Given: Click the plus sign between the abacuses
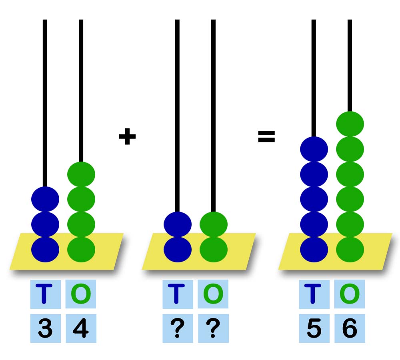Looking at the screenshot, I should tap(127, 137).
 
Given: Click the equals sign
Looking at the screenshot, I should tap(266, 137).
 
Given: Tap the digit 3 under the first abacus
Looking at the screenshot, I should tap(45, 329).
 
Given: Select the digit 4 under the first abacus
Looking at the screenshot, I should tap(81, 329).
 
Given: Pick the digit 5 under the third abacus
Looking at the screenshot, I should tap(314, 329).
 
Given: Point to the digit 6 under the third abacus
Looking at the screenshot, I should tap(350, 329).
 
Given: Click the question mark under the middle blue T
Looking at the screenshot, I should tap(178, 329).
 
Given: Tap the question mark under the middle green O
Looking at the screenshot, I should tap(213, 329).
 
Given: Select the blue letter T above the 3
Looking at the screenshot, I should tap(45, 294).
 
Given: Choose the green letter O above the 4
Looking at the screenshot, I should tap(81, 294).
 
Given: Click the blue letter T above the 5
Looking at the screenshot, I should tap(314, 294).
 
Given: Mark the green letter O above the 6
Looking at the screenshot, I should tap(350, 294).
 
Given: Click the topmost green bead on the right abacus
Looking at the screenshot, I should tap(350, 124).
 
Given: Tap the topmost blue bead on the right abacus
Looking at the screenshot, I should tap(314, 149).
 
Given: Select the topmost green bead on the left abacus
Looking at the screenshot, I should tap(81, 174).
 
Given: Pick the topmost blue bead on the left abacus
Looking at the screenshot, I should tap(45, 199).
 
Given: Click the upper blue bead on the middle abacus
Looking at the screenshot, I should tap(178, 224).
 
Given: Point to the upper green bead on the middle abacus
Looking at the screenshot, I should tap(214, 224).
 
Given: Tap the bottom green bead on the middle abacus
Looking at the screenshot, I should tap(214, 249).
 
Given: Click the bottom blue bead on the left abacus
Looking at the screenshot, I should tap(45, 249).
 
